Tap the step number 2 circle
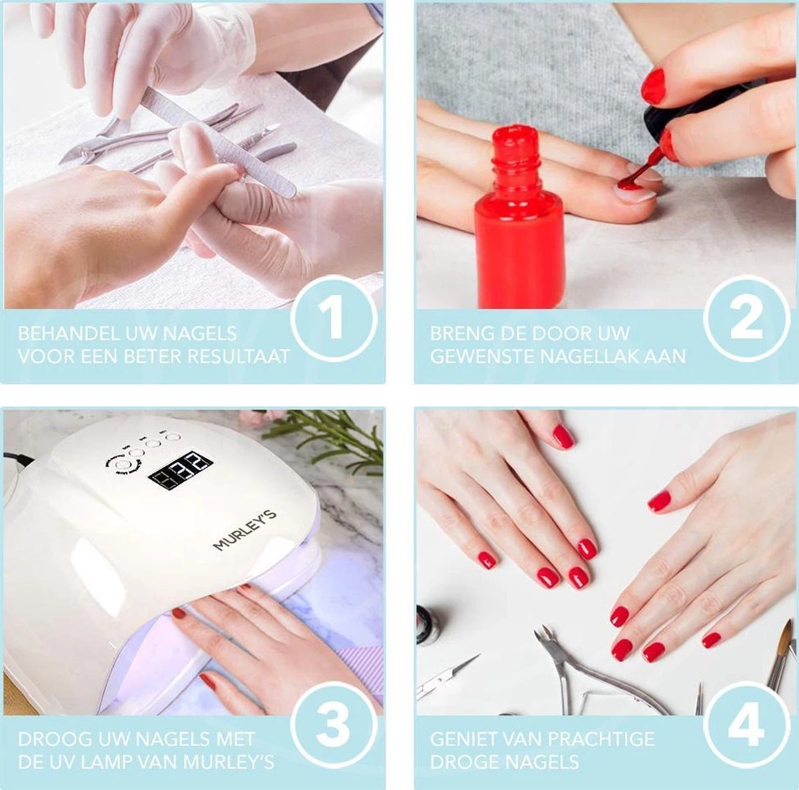pos(746,318)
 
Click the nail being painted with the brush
pos(629,187)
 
